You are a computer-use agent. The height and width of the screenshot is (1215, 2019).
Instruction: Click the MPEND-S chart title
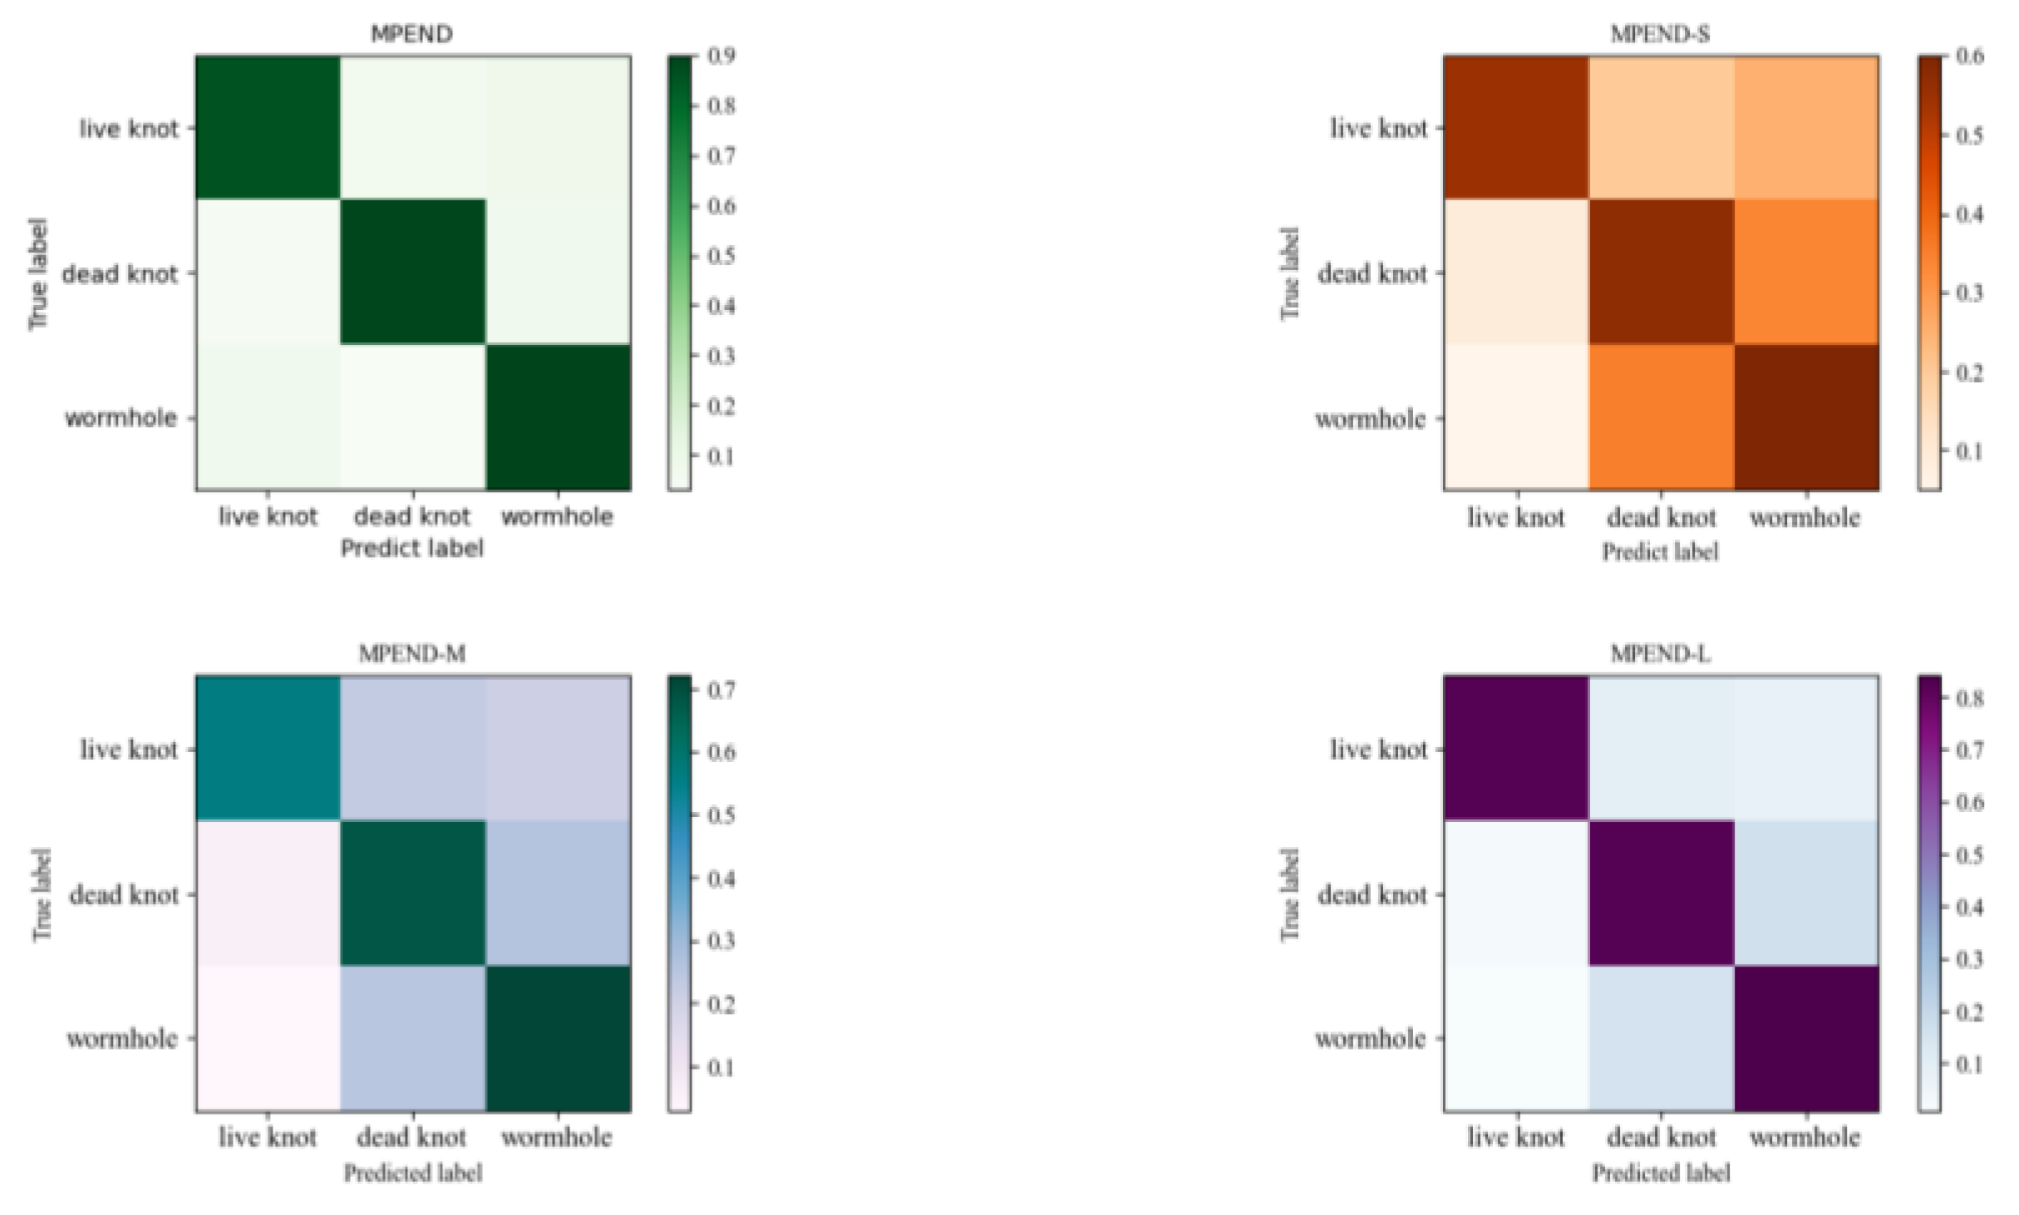(x=1660, y=34)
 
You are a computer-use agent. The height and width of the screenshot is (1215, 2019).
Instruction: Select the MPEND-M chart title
(x=411, y=654)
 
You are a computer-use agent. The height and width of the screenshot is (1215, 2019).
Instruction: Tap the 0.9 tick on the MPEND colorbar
(x=721, y=56)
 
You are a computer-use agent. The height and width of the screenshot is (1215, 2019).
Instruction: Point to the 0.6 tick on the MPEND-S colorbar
(x=1970, y=56)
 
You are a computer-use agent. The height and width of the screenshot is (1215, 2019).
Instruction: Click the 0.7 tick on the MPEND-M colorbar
(x=721, y=690)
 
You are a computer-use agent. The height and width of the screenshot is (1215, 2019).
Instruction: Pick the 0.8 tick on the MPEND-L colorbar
(x=1970, y=698)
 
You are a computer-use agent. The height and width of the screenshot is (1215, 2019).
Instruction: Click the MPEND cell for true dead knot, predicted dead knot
(x=412, y=272)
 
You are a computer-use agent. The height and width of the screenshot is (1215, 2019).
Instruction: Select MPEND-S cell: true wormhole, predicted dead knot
(x=1661, y=416)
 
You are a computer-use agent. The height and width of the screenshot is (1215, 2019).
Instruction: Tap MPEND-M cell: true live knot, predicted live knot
(x=268, y=748)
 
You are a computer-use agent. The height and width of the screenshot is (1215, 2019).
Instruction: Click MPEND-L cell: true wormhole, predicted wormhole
(x=1805, y=1038)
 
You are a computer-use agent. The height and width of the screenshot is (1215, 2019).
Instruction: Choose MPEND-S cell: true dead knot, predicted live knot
(x=1516, y=272)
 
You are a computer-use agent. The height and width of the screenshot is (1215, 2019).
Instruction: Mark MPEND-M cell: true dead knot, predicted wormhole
(x=558, y=893)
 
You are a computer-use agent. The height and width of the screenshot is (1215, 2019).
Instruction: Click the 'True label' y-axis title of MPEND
(x=38, y=273)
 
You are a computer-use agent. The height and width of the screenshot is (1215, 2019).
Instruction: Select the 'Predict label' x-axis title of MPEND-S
(x=1660, y=552)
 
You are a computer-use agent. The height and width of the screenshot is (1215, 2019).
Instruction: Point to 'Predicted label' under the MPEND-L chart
(x=1661, y=1173)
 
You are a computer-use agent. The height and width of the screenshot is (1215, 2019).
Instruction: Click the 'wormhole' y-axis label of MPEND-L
(x=1370, y=1039)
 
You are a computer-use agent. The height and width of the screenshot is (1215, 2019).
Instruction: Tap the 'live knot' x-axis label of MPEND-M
(x=268, y=1137)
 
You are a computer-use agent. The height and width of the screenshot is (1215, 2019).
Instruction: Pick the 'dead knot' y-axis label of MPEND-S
(x=1372, y=273)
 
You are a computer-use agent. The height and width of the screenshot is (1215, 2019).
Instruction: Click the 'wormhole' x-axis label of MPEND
(x=557, y=517)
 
